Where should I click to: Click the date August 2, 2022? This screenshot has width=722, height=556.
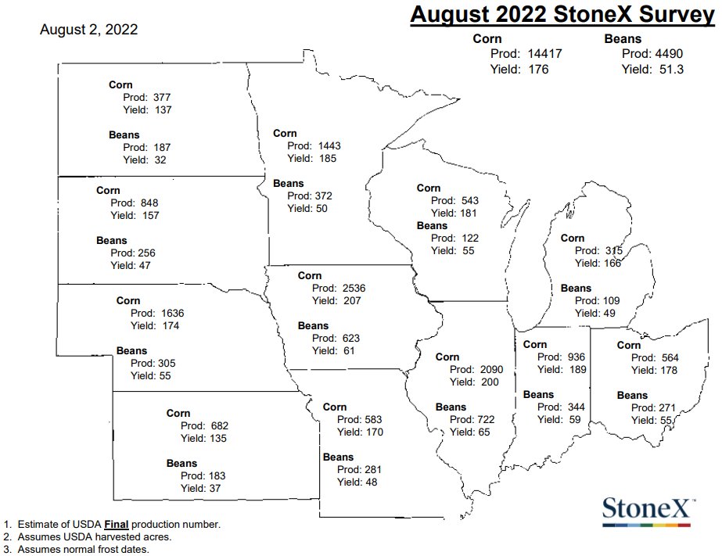coord(89,30)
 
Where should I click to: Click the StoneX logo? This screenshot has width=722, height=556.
coord(647,509)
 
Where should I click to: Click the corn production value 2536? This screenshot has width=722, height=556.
coord(354,288)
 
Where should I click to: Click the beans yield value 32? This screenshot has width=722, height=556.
coord(160,160)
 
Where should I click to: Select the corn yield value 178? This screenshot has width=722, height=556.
coord(666,371)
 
